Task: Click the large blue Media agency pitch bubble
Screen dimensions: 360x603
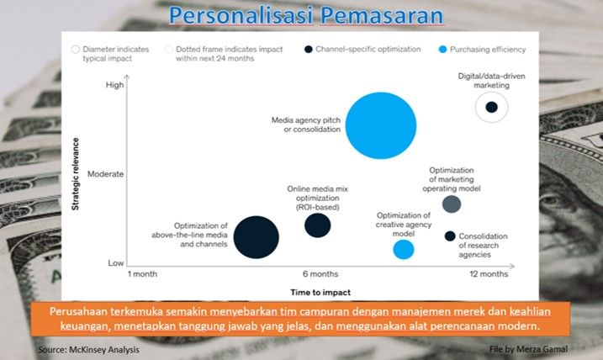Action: coord(381,124)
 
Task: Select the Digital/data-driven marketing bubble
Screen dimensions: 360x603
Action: coord(492,107)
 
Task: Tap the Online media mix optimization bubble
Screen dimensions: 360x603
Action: coord(317,225)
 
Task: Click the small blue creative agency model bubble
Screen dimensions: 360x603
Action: coord(404,249)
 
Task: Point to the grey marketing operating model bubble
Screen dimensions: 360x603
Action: coord(452,204)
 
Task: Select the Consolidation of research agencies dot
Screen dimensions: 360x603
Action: coord(450,236)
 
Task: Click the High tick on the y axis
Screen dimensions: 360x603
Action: coord(114,85)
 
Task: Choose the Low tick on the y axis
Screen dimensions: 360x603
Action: coord(115,263)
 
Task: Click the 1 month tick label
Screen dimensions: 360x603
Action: coord(143,274)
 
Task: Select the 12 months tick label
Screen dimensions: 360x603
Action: coord(489,274)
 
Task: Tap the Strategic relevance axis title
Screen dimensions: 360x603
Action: coord(75,174)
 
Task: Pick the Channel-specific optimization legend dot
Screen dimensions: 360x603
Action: coord(309,50)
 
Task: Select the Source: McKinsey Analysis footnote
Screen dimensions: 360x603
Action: coord(88,348)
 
